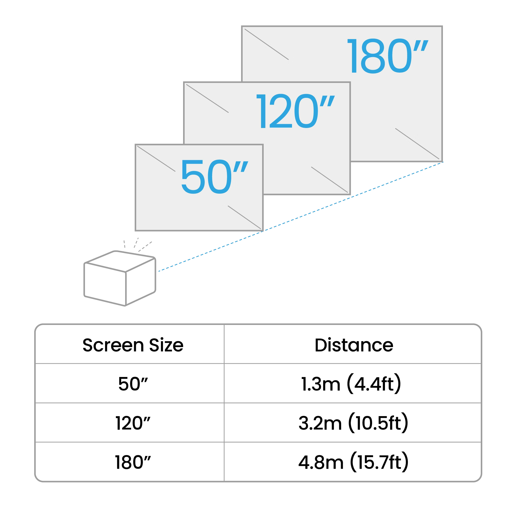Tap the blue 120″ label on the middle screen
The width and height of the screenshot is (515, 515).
[x=295, y=111]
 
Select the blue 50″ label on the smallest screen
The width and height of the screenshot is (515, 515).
[x=214, y=177]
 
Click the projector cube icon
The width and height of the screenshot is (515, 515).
[x=120, y=278]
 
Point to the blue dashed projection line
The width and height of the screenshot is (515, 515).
[x=301, y=217]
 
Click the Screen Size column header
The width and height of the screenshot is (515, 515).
[x=133, y=345]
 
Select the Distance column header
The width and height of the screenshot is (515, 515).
[x=354, y=345]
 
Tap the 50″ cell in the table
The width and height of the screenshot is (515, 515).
[x=133, y=384]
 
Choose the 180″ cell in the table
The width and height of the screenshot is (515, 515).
[x=133, y=462]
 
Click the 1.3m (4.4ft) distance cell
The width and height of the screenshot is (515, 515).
[x=351, y=384]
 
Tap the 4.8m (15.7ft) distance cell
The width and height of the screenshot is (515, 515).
[x=354, y=462]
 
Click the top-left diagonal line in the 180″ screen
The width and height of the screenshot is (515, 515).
[x=267, y=44]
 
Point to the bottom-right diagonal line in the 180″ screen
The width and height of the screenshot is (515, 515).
[x=417, y=144]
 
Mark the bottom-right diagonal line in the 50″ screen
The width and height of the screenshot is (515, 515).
[x=244, y=217]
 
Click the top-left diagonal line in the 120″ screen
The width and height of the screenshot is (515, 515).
[x=207, y=98]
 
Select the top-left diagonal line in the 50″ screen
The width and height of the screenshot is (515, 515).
[x=156, y=159]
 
